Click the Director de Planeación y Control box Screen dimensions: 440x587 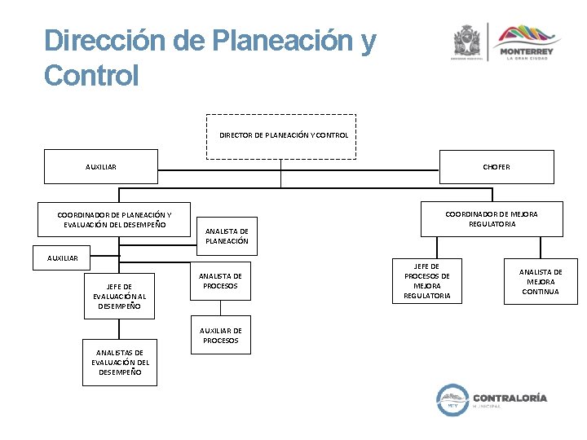coord(281,136)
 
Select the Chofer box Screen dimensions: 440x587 coord(496,167)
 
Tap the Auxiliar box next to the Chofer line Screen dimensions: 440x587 coord(101,167)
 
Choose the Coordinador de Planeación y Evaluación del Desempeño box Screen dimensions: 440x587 coord(114,220)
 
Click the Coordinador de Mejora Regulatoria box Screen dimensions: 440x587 coord(492,219)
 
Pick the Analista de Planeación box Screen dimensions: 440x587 coord(227,235)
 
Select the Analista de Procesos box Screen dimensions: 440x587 coord(220,281)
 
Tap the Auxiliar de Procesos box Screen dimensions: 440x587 coord(220,335)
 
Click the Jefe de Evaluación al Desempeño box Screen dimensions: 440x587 coord(119,296)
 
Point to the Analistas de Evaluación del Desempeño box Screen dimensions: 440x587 coord(119,362)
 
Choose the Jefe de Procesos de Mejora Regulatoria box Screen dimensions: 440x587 coord(426,280)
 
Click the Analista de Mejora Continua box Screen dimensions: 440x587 coord(541,281)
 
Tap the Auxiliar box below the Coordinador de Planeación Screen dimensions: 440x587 coord(62,257)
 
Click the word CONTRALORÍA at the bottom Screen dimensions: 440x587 coord(515,398)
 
